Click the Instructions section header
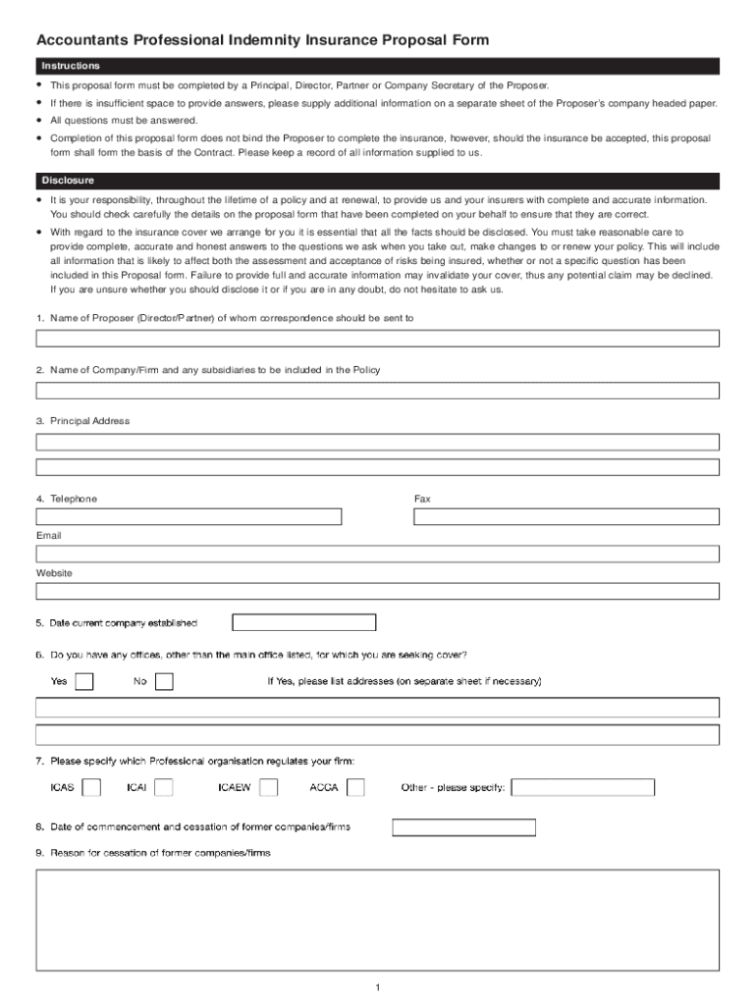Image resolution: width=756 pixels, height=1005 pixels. coord(71,66)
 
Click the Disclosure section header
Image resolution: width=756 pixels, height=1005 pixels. coord(68,181)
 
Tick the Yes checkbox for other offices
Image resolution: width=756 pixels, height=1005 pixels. coord(84,681)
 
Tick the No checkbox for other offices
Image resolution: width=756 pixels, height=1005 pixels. coord(164,681)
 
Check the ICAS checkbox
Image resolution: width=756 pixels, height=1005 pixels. coord(91,787)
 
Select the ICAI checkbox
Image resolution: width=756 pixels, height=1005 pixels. coord(164,787)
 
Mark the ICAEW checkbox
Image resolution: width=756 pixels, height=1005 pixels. coord(268,787)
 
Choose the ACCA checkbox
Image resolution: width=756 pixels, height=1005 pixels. coord(355,787)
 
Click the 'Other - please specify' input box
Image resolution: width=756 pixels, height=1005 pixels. coord(583,787)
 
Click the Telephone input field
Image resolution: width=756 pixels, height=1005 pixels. coord(189,516)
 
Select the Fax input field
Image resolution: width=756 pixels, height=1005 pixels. coord(567,516)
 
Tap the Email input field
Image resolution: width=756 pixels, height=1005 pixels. coord(377,554)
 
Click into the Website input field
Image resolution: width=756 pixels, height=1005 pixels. coord(377,591)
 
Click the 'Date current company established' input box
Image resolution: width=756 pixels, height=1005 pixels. coord(303,622)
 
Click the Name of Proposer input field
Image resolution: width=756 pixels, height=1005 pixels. coord(377,338)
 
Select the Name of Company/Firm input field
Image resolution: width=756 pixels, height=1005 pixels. coord(377,390)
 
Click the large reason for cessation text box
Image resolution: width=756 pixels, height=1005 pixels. coord(377,920)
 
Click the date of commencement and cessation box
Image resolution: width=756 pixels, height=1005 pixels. coord(463,827)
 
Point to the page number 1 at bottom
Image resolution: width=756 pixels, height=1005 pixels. coord(377,987)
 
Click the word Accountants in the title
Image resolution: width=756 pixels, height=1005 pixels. coord(81,40)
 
